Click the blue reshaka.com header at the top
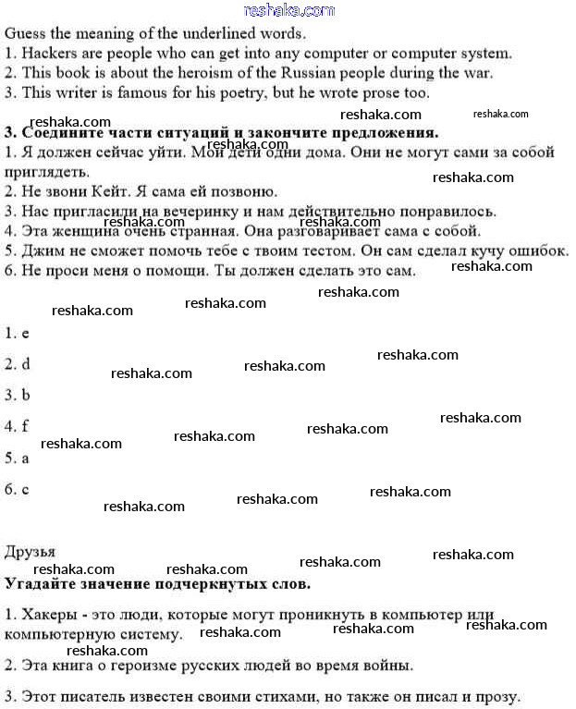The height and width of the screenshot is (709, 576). (288, 10)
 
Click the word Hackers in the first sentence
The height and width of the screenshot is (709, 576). (47, 54)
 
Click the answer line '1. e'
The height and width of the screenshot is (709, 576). (18, 332)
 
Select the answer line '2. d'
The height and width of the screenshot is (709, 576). (18, 363)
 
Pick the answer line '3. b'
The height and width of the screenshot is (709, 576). (18, 395)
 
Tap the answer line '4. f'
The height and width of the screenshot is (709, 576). (18, 426)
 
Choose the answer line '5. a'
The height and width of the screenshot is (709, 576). (18, 458)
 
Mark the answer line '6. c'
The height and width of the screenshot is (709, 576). (18, 489)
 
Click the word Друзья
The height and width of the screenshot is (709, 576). (31, 552)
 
